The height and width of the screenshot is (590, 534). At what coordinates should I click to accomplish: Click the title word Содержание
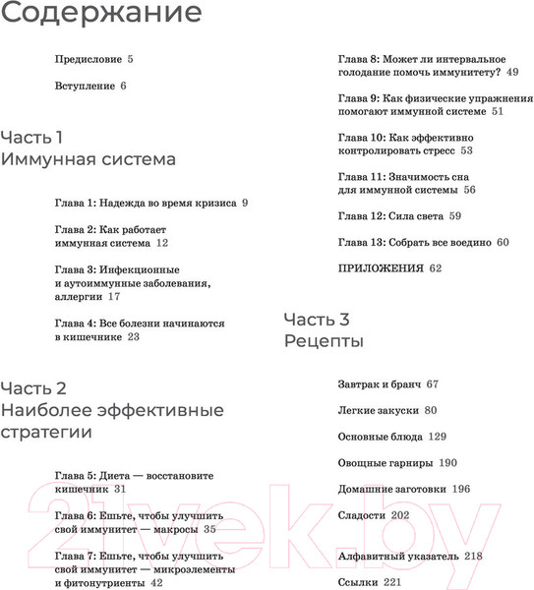(x=101, y=14)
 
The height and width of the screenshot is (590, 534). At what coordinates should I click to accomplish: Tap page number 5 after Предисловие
(x=130, y=59)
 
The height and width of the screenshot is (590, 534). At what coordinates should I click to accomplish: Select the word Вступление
(x=86, y=87)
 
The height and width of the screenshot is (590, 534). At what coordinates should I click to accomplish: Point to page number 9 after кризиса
(x=244, y=203)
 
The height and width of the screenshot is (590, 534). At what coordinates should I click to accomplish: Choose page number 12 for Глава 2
(x=162, y=242)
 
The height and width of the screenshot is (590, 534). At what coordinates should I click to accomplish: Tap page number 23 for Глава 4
(x=134, y=336)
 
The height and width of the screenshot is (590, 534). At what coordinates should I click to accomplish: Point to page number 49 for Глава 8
(x=513, y=72)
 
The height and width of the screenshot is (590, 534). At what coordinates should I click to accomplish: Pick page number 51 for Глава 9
(x=497, y=112)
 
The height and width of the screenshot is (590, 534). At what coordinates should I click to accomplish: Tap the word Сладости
(x=363, y=514)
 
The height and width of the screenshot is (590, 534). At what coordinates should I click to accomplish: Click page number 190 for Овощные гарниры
(x=448, y=462)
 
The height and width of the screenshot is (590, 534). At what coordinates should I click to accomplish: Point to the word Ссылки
(x=360, y=582)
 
